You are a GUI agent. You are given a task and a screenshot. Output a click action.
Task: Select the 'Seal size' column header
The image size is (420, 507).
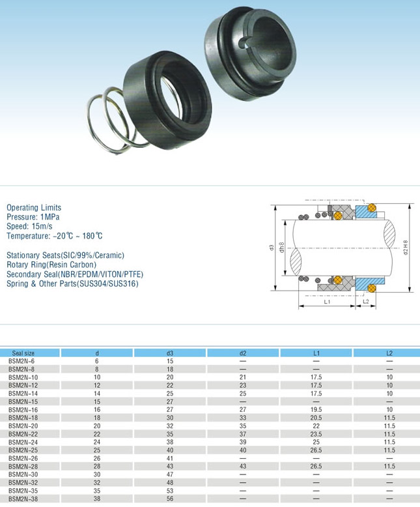pos(23,353)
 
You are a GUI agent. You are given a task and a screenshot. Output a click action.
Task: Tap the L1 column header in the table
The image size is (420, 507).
pos(316,353)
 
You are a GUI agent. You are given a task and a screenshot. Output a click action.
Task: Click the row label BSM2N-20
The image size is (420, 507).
pos(23,426)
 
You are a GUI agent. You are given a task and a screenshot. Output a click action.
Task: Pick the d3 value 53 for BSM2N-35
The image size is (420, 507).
pos(170,491)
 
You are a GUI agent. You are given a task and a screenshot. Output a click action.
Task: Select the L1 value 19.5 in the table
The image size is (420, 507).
pos(316,410)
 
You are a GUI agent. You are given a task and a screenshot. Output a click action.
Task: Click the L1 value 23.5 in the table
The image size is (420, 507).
pos(316,434)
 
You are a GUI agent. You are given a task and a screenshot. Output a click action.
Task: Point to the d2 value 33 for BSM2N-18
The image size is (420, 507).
pos(243,418)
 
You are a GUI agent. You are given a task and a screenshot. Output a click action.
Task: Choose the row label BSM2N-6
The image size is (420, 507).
pos(21,361)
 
